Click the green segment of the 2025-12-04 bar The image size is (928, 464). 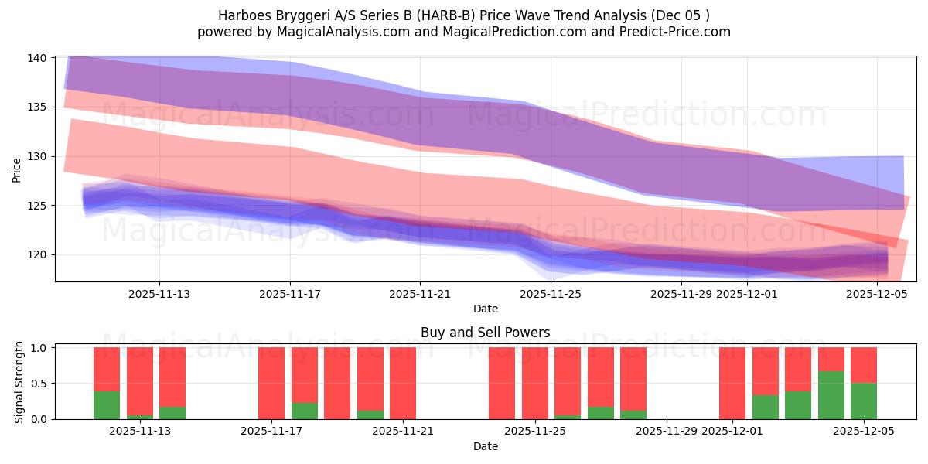coord(831,395)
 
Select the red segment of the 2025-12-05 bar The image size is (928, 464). coord(864,365)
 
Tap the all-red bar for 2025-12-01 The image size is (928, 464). coord(732,383)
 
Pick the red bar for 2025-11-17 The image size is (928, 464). coord(271,383)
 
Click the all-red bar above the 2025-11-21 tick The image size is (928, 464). coord(403,383)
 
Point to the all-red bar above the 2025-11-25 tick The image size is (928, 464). coord(534,383)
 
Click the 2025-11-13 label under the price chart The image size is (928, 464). coord(159,294)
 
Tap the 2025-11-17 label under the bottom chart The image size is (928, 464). coord(271,432)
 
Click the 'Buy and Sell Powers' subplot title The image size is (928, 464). coord(486,333)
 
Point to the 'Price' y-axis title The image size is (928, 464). coord(17,169)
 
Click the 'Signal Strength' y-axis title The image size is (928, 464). coord(19,383)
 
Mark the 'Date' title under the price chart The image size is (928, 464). coord(486,309)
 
